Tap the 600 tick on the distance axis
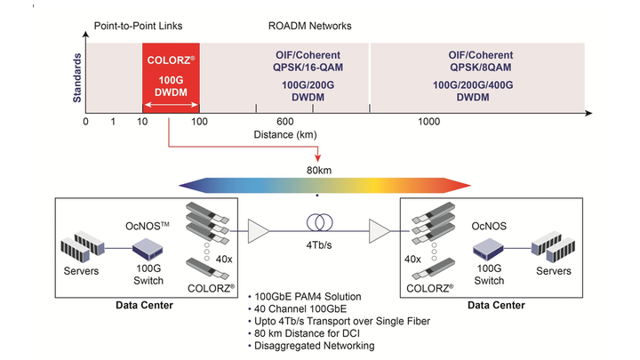coord(285,121)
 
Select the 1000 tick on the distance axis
coord(429,121)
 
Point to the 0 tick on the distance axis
coord(86,121)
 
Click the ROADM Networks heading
coord(310,26)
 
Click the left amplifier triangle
coord(260,232)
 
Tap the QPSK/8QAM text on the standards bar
coord(480,65)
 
